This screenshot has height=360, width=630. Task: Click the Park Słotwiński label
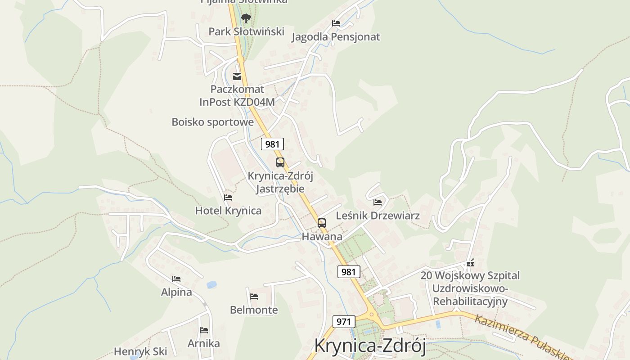click(246, 31)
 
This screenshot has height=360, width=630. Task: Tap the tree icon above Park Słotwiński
click(246, 18)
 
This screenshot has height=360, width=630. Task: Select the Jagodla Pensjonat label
click(336, 37)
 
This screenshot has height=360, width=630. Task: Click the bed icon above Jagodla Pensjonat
click(336, 23)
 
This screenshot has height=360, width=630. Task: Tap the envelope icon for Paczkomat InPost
click(237, 76)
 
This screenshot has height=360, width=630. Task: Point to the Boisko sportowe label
click(213, 122)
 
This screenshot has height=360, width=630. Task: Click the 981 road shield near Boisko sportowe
click(272, 144)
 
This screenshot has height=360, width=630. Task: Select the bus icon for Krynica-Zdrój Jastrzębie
click(280, 162)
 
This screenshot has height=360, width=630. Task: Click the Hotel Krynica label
click(228, 211)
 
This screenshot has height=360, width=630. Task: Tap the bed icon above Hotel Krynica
click(228, 198)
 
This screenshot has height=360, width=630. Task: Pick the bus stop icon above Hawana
click(321, 223)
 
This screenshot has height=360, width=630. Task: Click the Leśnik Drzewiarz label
click(378, 216)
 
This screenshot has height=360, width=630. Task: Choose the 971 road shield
click(344, 322)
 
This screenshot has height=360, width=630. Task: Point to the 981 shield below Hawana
click(348, 272)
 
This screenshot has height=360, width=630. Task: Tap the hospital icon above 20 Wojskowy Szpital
click(470, 262)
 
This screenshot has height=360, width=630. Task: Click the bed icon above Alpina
click(176, 279)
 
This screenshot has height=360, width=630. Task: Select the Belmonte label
click(254, 310)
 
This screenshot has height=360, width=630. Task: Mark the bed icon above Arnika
click(204, 330)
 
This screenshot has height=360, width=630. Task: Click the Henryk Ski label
click(140, 351)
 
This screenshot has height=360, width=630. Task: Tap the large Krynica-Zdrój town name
click(370, 346)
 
